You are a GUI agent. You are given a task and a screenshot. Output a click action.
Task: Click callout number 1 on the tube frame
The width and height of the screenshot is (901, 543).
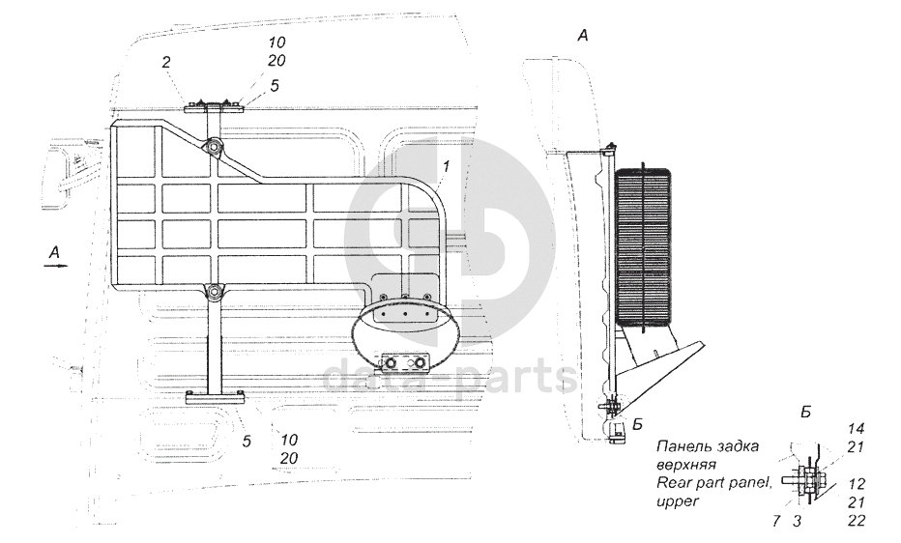[446, 167]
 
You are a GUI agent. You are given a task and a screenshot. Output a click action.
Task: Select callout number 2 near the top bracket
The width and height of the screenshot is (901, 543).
[166, 62]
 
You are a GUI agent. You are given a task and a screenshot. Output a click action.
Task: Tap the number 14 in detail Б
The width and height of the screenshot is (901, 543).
[856, 429]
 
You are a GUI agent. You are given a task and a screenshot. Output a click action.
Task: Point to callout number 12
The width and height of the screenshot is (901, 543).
[856, 484]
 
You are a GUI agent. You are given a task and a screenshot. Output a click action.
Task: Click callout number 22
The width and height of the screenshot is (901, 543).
[856, 521]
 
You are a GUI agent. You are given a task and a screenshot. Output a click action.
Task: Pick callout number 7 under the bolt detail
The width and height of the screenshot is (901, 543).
[776, 521]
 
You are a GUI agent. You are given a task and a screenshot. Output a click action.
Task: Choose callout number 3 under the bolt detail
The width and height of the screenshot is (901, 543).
[797, 521]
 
